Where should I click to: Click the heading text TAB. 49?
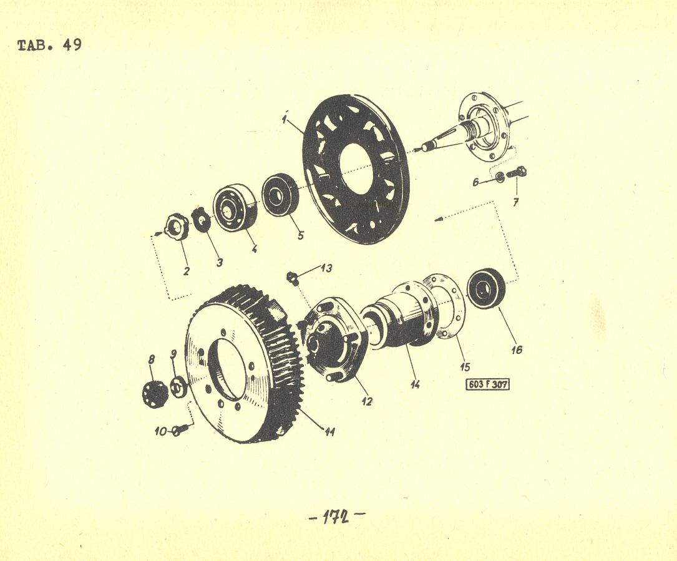pos(50,45)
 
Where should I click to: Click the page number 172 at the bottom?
pos(337,517)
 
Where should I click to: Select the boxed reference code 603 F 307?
pos(487,384)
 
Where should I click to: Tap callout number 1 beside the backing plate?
pos(285,119)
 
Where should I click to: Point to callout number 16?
pos(517,349)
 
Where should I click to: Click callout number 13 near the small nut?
pos(326,268)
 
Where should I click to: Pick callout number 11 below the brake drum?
pos(330,431)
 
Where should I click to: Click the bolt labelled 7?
pos(517,172)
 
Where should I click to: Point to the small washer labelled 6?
pos(500,177)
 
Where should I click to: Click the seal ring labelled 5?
pos(280,194)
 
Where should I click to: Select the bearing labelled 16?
pos(487,289)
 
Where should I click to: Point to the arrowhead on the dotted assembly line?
pos(438,220)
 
